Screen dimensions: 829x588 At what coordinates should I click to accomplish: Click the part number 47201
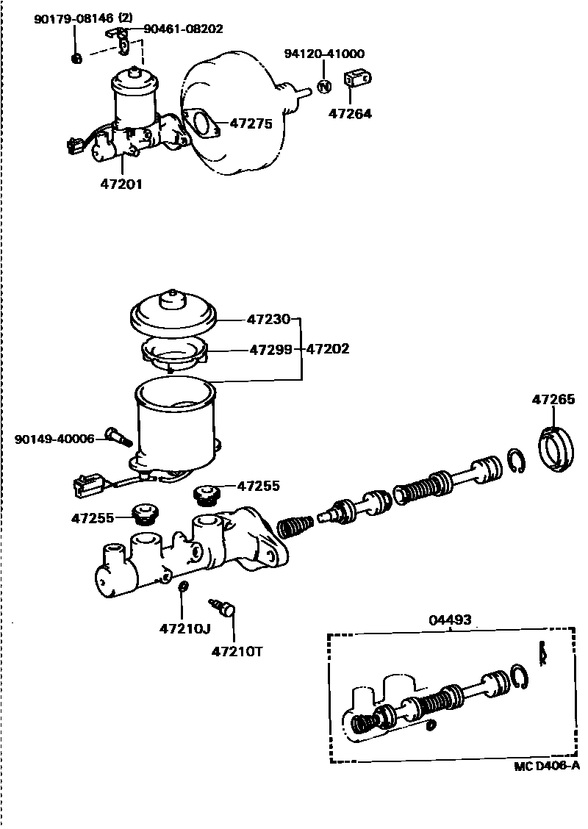coord(121,184)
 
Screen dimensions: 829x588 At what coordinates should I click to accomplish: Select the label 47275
coord(251,124)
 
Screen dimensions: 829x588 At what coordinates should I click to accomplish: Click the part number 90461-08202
coord(182,29)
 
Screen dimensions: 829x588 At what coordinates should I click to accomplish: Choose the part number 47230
coord(269,320)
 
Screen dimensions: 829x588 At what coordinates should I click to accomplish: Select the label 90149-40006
coord(54,439)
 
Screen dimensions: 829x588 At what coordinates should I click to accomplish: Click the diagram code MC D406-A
coord(546,766)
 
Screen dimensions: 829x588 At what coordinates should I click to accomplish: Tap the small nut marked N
coord(323,87)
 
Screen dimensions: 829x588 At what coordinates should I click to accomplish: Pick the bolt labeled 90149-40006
coord(118,436)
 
